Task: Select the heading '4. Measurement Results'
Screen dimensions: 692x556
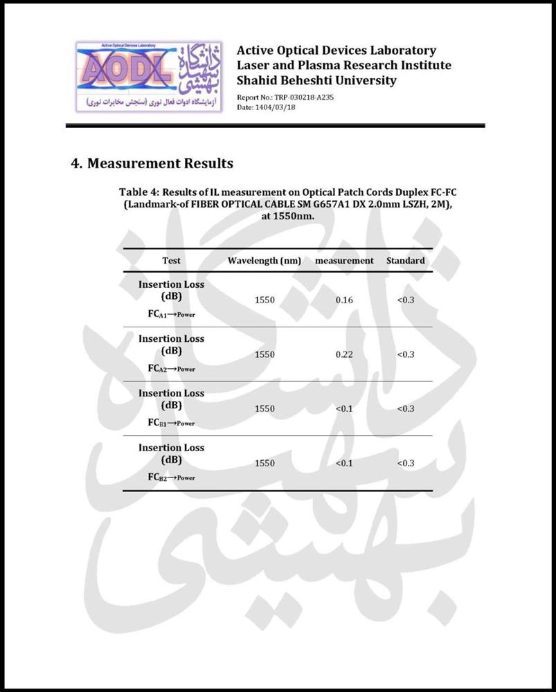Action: tap(152, 164)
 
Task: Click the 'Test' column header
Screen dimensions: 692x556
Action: tap(171, 261)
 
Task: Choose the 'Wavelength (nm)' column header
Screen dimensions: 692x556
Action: tap(264, 261)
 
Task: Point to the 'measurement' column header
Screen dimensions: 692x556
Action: tap(344, 261)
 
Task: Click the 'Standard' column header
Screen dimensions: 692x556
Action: tap(406, 261)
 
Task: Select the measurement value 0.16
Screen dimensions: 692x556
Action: tap(344, 300)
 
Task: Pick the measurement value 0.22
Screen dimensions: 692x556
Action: tap(344, 354)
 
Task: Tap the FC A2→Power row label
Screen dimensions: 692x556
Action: tap(171, 369)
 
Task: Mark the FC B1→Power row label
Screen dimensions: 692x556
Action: tap(171, 423)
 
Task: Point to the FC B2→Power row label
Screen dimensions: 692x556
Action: tap(171, 477)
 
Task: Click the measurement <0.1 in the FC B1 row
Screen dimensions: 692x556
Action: tap(344, 408)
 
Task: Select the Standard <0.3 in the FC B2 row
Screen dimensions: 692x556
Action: tap(406, 463)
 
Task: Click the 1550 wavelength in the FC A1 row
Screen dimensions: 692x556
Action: tap(264, 300)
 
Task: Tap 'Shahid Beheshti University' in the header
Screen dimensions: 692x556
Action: tap(316, 80)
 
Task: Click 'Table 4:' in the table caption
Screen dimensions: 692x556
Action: tap(140, 192)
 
